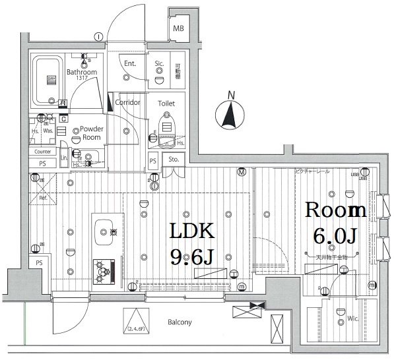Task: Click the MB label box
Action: point(179,28)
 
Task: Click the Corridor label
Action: point(127,103)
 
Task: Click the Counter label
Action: point(43,152)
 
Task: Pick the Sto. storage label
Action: point(174,159)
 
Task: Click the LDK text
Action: point(192,232)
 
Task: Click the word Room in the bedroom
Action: point(335,210)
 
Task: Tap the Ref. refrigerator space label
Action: point(43,197)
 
